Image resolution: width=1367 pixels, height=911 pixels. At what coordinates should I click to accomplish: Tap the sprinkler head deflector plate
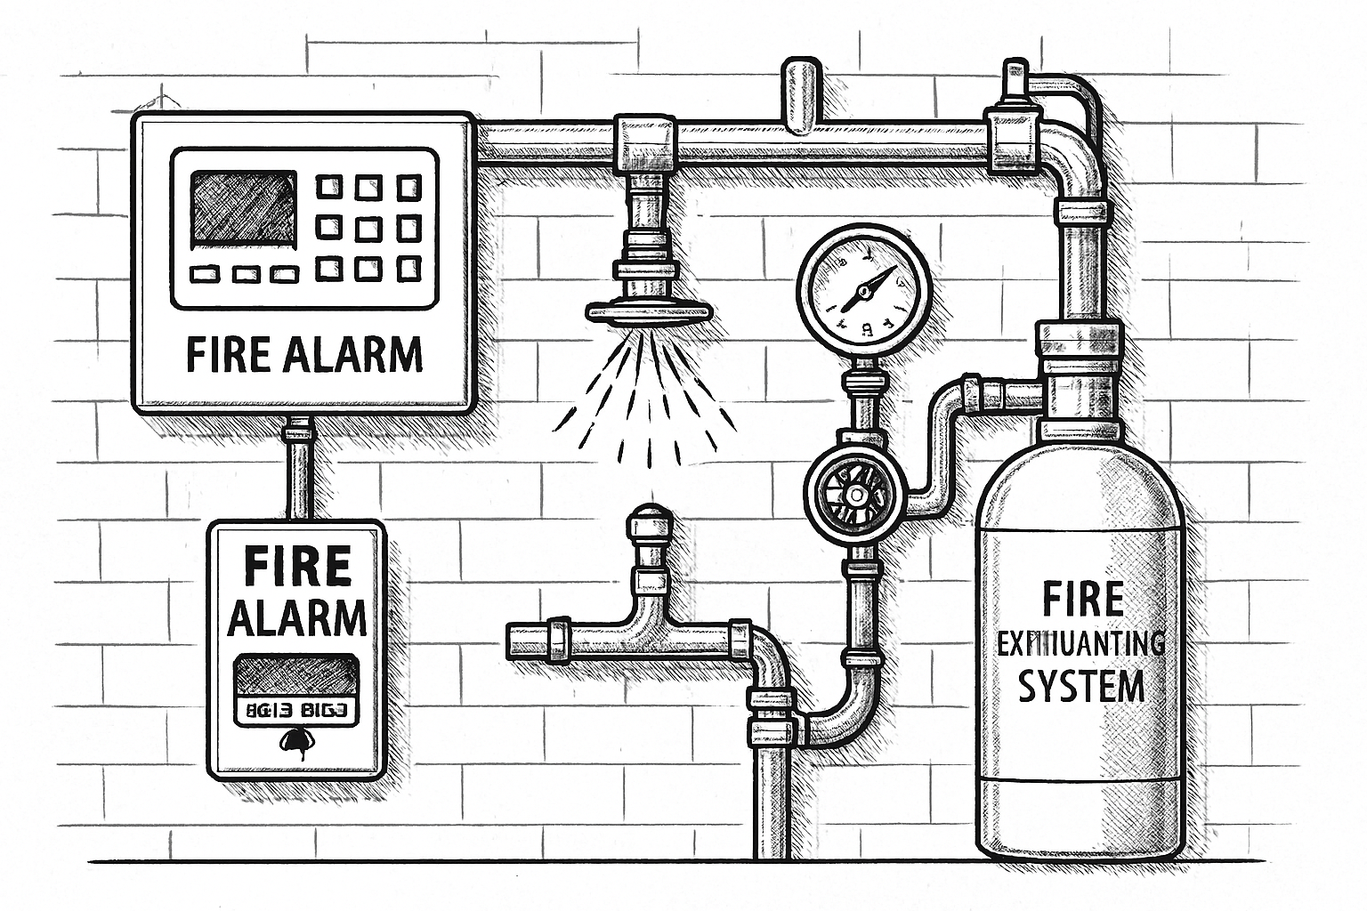650,310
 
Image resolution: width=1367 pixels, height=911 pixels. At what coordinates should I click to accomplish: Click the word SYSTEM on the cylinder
1080,687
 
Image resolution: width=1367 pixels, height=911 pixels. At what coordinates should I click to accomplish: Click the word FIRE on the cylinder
1082,600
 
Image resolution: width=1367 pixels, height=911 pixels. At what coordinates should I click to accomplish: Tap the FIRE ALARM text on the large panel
304,354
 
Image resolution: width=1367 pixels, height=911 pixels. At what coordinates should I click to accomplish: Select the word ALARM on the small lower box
297,617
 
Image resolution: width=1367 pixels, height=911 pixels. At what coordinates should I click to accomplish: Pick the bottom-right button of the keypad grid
409,267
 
